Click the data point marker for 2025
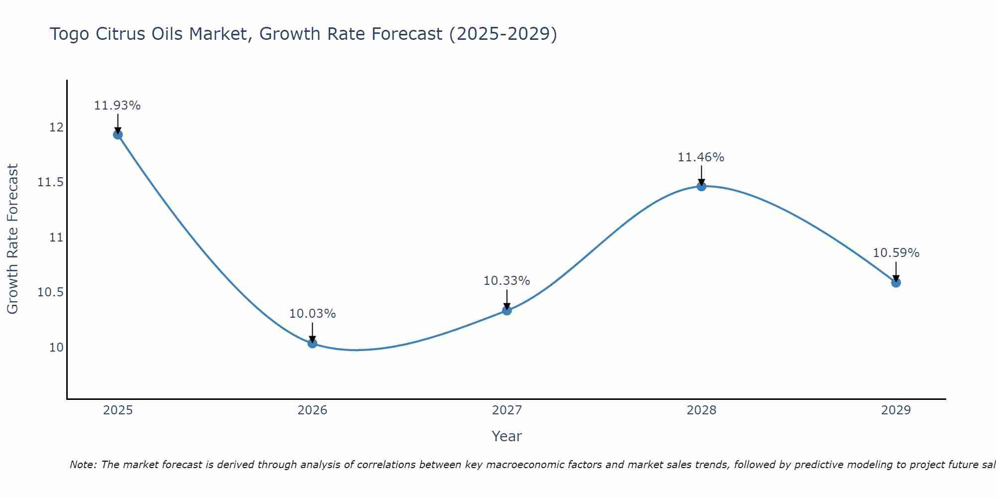click(118, 134)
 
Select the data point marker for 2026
click(312, 343)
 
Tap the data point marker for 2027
click(507, 310)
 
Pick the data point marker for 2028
click(701, 186)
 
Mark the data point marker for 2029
click(896, 282)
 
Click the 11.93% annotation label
click(118, 106)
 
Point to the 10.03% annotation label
click(312, 314)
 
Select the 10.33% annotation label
click(507, 281)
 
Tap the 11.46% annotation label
click(701, 157)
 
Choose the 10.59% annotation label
click(896, 253)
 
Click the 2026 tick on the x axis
click(312, 410)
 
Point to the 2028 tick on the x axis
click(701, 410)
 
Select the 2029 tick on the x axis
click(896, 410)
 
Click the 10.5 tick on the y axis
click(51, 292)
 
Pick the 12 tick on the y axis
click(56, 127)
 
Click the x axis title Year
click(506, 436)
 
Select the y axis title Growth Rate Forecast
click(12, 239)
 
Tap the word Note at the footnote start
click(83, 465)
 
